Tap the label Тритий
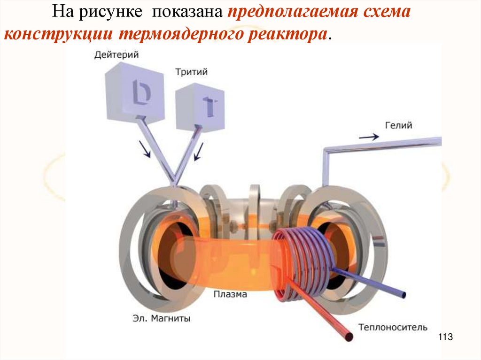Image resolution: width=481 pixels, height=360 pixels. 191,72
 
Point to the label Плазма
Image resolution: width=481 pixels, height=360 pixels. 230,295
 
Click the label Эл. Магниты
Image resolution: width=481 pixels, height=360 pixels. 161,319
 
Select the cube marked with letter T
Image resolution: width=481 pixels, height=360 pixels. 200,107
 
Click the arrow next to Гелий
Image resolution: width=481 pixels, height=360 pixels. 369,137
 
